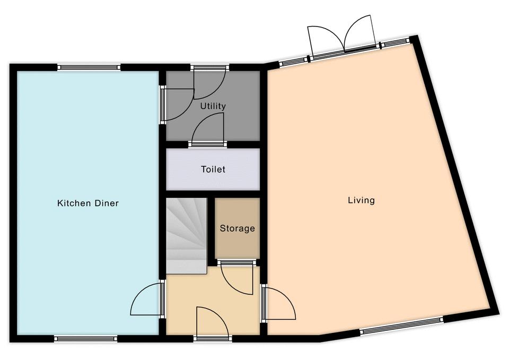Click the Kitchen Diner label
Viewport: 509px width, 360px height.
[88, 203]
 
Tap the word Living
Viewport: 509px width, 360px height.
[361, 200]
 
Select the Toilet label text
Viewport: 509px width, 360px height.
[213, 169]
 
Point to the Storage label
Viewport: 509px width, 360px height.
[238, 228]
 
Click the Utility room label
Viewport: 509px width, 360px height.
[213, 106]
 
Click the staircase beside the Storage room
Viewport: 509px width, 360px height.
[187, 236]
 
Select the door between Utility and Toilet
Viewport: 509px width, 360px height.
[208, 131]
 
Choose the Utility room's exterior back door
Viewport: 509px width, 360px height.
[210, 83]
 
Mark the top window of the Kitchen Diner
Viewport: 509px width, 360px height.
[89, 67]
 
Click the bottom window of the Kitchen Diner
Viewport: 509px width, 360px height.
[86, 339]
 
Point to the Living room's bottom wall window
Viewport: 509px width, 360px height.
[401, 325]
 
